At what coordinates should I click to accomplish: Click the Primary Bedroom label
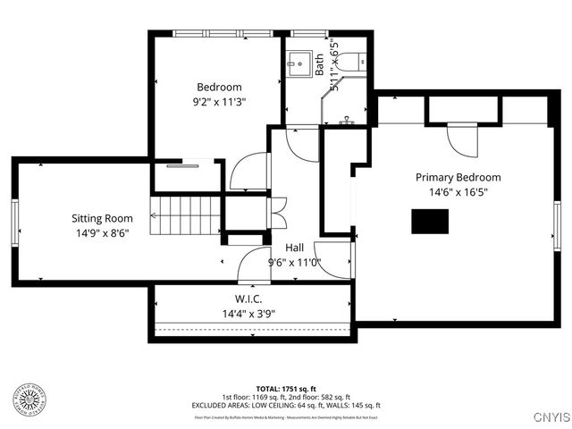458,177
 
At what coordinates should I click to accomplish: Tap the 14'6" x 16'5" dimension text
458,191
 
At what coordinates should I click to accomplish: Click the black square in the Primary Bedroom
429,221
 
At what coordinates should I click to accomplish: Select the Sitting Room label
102,218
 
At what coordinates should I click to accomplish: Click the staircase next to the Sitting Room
185,214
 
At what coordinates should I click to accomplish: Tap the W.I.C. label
248,299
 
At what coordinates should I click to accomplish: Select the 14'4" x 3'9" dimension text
248,314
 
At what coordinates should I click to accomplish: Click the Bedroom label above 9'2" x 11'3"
220,87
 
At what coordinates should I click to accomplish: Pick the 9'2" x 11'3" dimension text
220,102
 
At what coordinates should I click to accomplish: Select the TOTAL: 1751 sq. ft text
286,389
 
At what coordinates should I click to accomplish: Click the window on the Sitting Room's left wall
14,221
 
